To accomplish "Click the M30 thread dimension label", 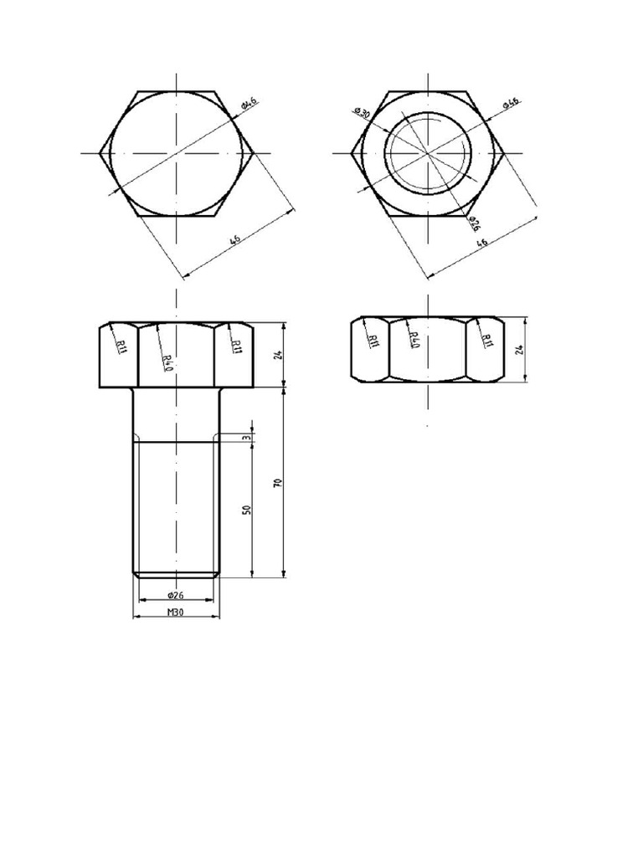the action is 175,612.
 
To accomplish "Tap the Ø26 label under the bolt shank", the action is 176,595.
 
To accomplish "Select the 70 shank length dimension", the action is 277,483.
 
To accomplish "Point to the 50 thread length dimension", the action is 247,510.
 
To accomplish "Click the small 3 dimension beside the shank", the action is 247,438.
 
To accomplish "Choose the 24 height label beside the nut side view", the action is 519,349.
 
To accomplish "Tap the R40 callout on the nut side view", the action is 414,340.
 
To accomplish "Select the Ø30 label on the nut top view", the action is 363,113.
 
